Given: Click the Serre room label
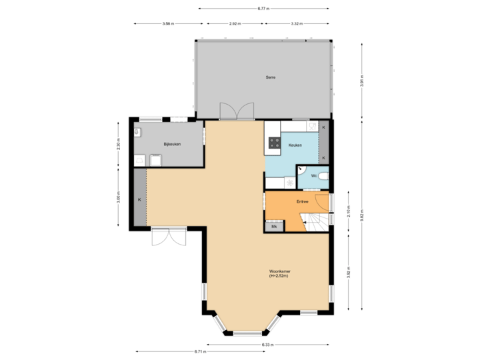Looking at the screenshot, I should pyautogui.click(x=271, y=77).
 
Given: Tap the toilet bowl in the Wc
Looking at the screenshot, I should pyautogui.click(x=323, y=177).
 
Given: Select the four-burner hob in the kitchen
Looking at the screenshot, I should pyautogui.click(x=274, y=141).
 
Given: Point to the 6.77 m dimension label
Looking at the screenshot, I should pyautogui.click(x=263, y=9).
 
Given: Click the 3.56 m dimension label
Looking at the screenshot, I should pyautogui.click(x=168, y=24).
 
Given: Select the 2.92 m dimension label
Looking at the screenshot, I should pyautogui.click(x=235, y=24).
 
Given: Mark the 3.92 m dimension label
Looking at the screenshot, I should pyautogui.click(x=348, y=272).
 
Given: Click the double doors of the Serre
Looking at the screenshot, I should pyautogui.click(x=237, y=110).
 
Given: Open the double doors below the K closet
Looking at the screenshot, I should pyautogui.click(x=168, y=237).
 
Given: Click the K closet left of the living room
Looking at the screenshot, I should pyautogui.click(x=139, y=199).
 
